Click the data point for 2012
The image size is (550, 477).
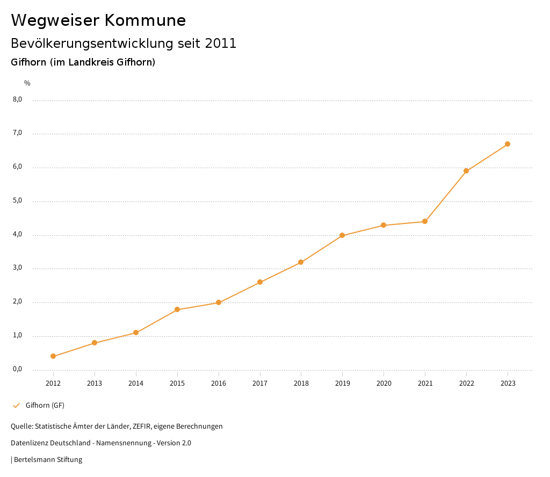click(53, 356)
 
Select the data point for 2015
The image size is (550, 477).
click(177, 309)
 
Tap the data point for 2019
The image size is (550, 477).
click(342, 235)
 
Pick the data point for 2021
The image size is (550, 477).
click(425, 221)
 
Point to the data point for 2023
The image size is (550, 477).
click(508, 144)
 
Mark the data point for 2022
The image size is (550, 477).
click(466, 171)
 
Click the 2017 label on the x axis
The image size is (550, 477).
click(260, 383)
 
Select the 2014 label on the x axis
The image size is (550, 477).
click(136, 383)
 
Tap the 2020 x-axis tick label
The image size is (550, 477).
click(383, 383)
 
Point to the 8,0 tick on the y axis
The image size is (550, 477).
click(17, 99)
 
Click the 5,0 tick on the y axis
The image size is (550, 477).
click(17, 200)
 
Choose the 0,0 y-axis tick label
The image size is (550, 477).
click(17, 369)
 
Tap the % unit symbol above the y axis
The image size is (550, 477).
click(27, 83)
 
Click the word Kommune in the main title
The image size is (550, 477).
click(145, 20)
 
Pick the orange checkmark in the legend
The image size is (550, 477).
click(16, 405)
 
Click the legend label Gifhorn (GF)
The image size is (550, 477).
click(45, 405)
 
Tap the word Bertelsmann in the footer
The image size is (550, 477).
click(34, 459)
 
